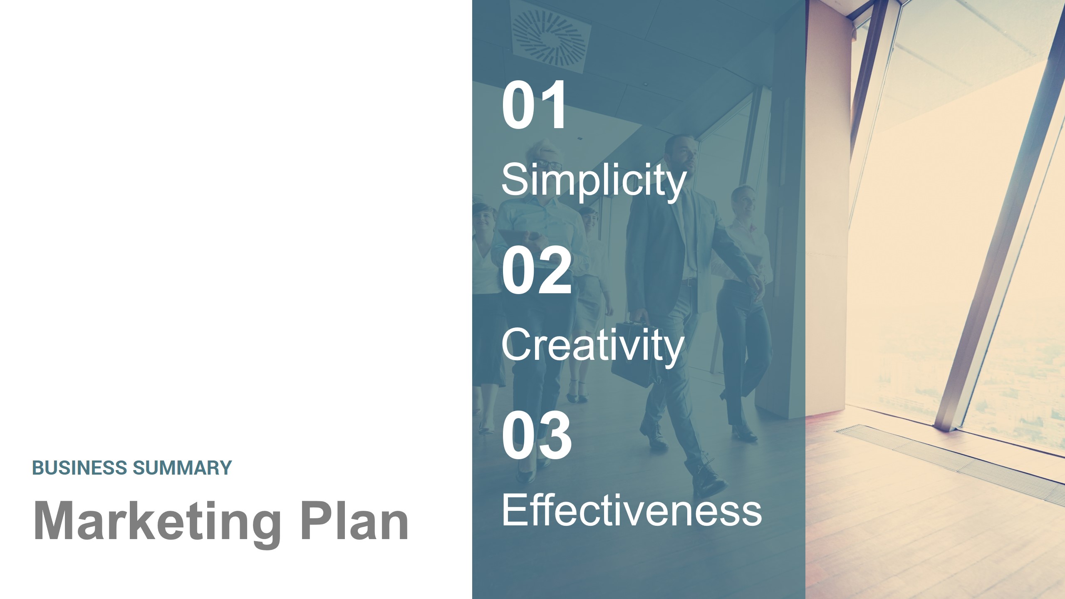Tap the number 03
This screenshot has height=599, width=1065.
[536, 436]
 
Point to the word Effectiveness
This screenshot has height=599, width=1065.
[632, 511]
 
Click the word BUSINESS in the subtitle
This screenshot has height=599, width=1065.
[79, 468]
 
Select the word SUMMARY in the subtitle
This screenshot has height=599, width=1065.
[182, 468]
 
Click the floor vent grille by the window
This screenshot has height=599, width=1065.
[953, 458]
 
